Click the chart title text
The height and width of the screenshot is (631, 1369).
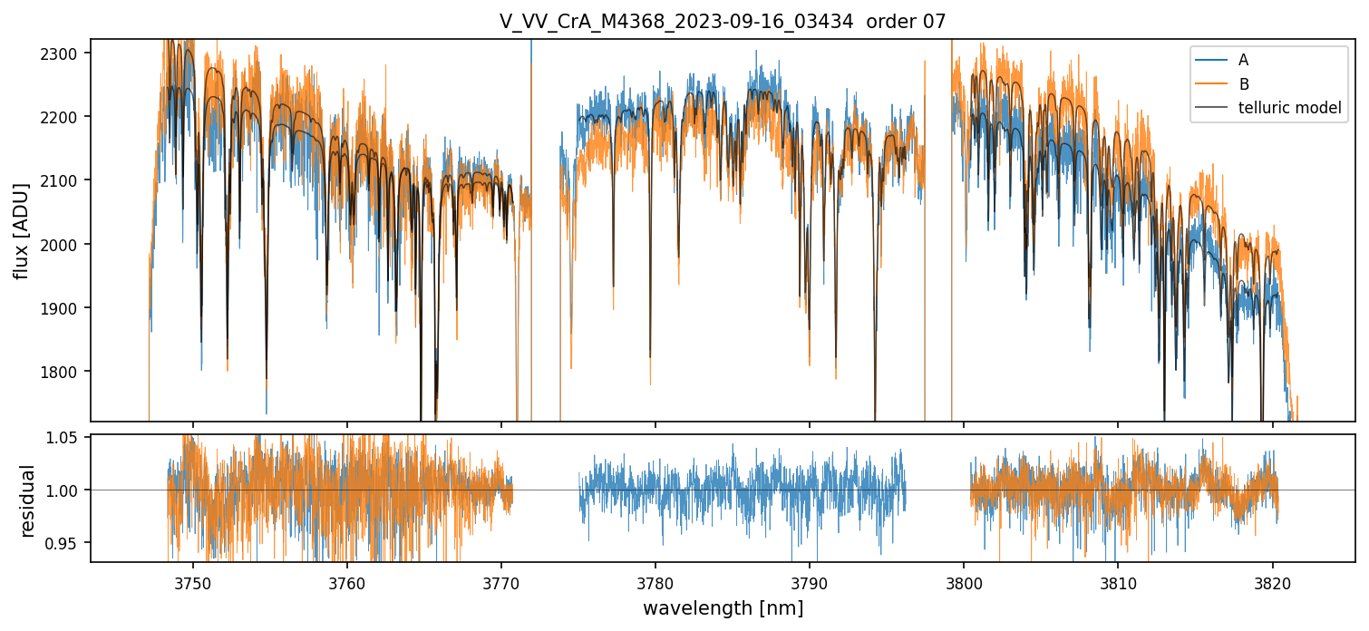point(723,22)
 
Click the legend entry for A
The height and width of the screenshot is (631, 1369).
point(1243,60)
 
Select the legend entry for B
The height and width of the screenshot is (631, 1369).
point(1243,84)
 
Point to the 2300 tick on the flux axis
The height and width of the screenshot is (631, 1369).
point(63,53)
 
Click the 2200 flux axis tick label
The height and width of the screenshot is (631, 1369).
point(63,117)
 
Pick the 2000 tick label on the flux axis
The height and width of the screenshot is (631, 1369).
point(63,245)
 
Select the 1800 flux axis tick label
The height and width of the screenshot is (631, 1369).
point(63,372)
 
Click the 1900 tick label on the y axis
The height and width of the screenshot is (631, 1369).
point(63,308)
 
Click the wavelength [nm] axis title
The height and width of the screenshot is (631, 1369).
point(723,607)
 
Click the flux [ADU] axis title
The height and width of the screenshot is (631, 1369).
point(21,230)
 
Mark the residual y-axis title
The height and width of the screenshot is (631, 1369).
point(27,500)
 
